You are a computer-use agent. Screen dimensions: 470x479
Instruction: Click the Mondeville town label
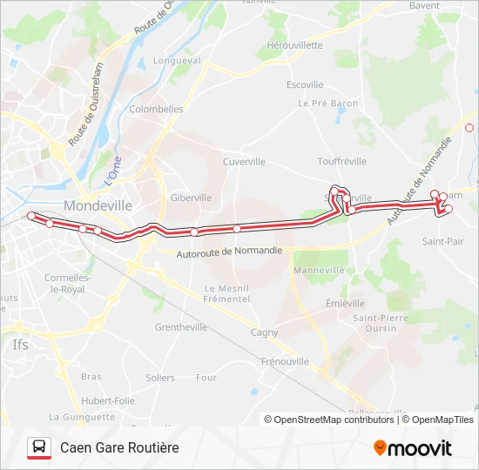tap(98, 206)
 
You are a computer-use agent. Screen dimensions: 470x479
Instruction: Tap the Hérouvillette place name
tap(294, 45)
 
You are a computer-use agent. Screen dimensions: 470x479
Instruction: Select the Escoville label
tap(305, 84)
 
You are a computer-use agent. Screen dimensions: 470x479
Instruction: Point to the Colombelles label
tap(156, 110)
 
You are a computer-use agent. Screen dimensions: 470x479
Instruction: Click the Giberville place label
tap(191, 198)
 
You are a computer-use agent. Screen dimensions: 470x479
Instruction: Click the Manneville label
tap(320, 270)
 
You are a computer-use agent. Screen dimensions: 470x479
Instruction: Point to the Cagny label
tap(264, 332)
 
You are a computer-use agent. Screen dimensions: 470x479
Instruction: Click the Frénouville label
tap(285, 360)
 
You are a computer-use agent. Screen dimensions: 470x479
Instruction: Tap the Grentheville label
tap(180, 327)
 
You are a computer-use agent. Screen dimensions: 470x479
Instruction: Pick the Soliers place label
tap(160, 378)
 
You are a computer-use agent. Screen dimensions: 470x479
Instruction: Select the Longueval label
tap(177, 61)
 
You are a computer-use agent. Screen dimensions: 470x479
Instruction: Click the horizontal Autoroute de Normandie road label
tap(229, 252)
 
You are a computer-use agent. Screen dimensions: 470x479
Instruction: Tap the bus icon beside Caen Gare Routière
tap(39, 447)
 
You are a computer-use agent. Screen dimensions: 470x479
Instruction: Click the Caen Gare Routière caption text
tap(119, 447)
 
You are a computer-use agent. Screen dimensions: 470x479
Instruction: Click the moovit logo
tap(413, 448)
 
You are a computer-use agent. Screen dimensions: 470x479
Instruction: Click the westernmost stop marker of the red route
tap(31, 216)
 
